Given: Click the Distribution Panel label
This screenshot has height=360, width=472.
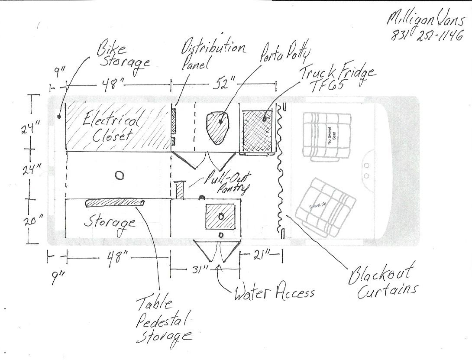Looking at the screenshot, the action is [x=213, y=54].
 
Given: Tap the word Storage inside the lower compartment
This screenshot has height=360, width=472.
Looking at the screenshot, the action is [x=110, y=224].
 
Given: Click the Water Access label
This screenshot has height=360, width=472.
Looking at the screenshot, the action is [x=275, y=292].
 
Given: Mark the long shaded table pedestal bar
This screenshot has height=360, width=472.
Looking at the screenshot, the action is [x=115, y=204].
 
